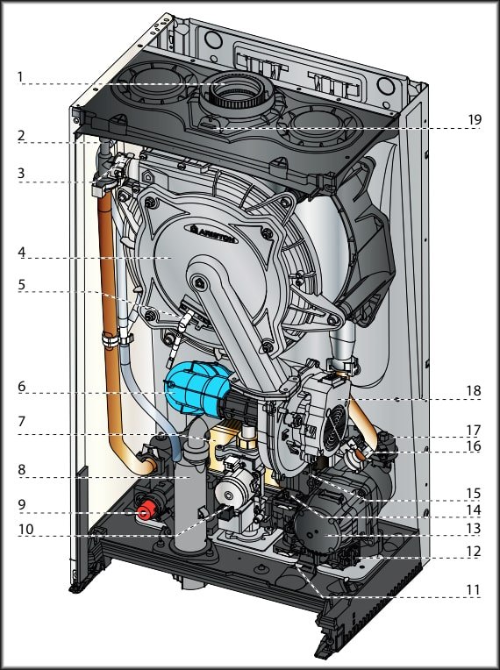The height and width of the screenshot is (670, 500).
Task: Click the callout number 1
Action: [19, 77]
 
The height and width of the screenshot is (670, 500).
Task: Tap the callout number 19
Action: [475, 120]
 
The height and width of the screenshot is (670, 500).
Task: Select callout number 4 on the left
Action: [21, 252]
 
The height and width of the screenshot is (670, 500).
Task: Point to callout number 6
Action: [21, 387]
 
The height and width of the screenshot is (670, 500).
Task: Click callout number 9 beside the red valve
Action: [21, 504]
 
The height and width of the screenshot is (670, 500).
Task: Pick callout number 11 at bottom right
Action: [473, 590]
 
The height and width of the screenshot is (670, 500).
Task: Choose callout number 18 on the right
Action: [474, 390]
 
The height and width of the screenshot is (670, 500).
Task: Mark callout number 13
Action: [474, 529]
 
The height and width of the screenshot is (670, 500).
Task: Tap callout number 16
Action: [474, 446]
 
